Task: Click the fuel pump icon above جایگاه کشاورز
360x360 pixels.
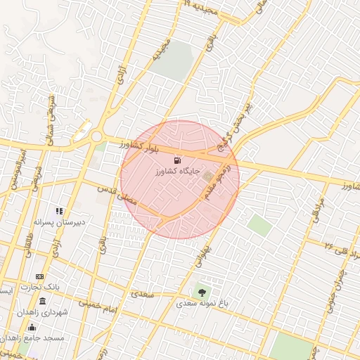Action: tap(176, 160)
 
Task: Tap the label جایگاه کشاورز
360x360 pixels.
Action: tap(181, 171)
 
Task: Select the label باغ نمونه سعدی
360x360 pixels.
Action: tap(203, 304)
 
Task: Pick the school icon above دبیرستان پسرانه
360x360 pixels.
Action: tap(60, 210)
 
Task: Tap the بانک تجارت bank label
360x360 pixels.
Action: tap(40, 288)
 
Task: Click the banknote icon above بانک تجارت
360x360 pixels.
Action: tap(39, 276)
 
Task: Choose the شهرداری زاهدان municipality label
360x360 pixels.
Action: tap(44, 312)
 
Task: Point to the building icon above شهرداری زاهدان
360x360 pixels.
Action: tap(43, 301)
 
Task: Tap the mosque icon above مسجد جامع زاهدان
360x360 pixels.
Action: tap(31, 327)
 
